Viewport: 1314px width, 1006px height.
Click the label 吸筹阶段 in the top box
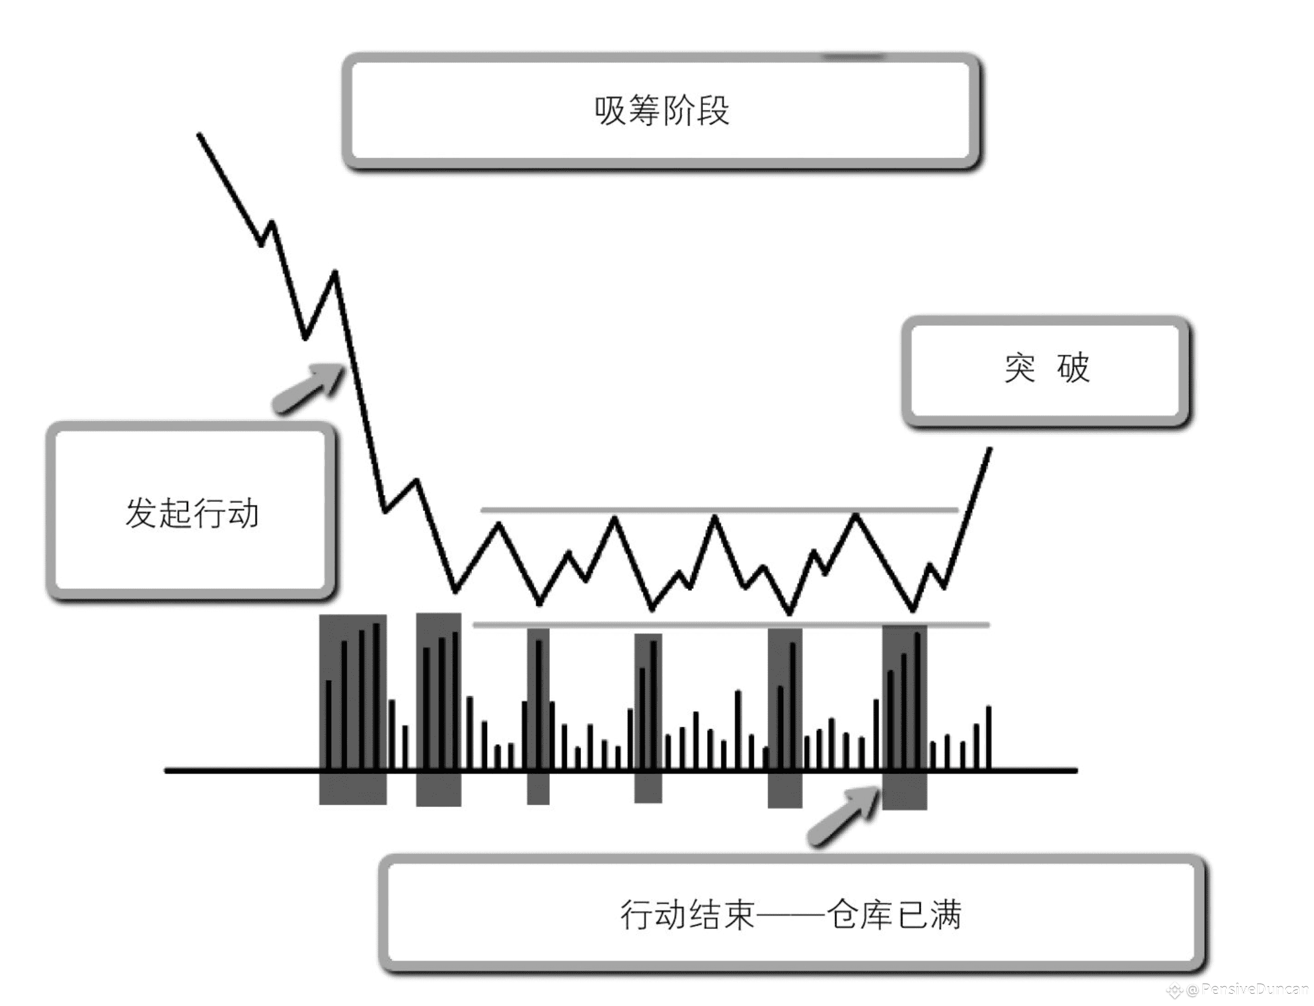point(661,111)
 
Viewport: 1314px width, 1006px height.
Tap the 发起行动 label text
point(192,513)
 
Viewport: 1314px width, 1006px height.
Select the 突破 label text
point(1047,368)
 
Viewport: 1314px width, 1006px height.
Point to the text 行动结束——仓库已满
point(791,915)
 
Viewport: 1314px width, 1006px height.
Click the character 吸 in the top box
point(610,111)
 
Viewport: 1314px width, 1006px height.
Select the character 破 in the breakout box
point(1073,368)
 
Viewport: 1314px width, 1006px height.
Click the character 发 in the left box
point(140,513)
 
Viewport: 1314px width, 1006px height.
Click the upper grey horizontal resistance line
point(717,509)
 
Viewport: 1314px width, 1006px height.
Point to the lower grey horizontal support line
point(729,625)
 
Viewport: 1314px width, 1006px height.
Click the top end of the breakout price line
point(990,449)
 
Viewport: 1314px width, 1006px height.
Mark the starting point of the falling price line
point(199,134)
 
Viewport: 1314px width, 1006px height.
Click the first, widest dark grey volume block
point(352,709)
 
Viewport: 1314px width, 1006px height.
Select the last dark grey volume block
point(904,717)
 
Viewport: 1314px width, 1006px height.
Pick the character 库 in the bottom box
point(878,915)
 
